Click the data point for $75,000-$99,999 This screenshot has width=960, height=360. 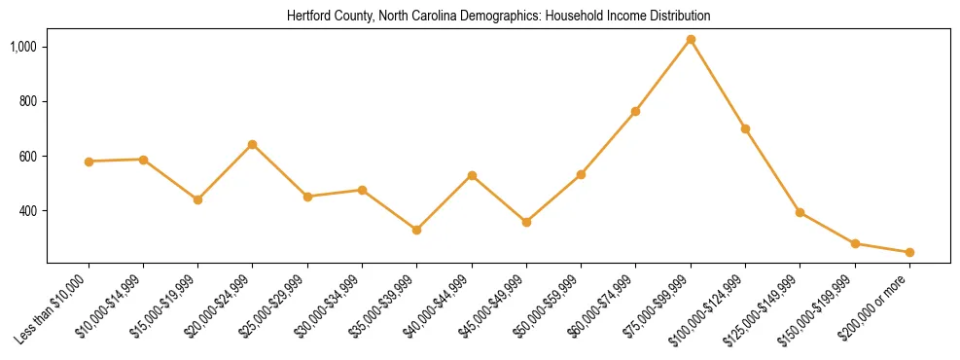(x=691, y=40)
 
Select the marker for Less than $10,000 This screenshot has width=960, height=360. (x=89, y=162)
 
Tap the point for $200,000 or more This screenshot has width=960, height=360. (x=909, y=252)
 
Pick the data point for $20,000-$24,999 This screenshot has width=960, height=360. (x=253, y=144)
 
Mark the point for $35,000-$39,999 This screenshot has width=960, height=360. (x=417, y=230)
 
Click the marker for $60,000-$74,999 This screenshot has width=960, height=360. (x=636, y=112)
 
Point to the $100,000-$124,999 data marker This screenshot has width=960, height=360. (x=745, y=128)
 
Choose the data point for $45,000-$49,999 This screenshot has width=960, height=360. (x=526, y=222)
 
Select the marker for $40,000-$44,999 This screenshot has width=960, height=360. (x=472, y=175)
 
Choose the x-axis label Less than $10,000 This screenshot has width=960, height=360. (x=56, y=306)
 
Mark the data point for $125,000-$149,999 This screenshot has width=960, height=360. (x=800, y=212)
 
